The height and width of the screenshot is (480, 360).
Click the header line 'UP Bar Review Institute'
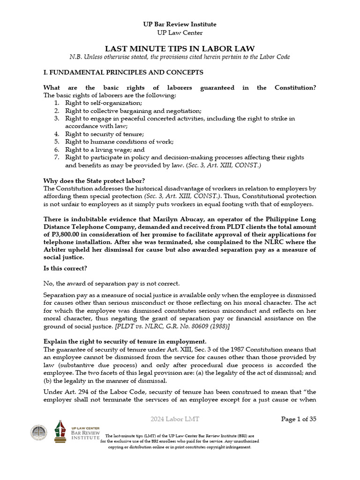tap(180, 24)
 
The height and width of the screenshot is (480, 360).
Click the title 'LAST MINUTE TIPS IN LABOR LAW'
tap(180, 48)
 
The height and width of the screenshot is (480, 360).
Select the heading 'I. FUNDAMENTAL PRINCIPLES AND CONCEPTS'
tap(123, 72)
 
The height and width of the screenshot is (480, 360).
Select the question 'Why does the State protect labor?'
tap(94, 180)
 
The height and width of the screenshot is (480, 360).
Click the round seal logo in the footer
tap(39, 433)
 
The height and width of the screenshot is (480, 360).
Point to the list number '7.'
tap(56, 157)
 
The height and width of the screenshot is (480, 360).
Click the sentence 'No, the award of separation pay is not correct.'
tap(111, 284)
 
